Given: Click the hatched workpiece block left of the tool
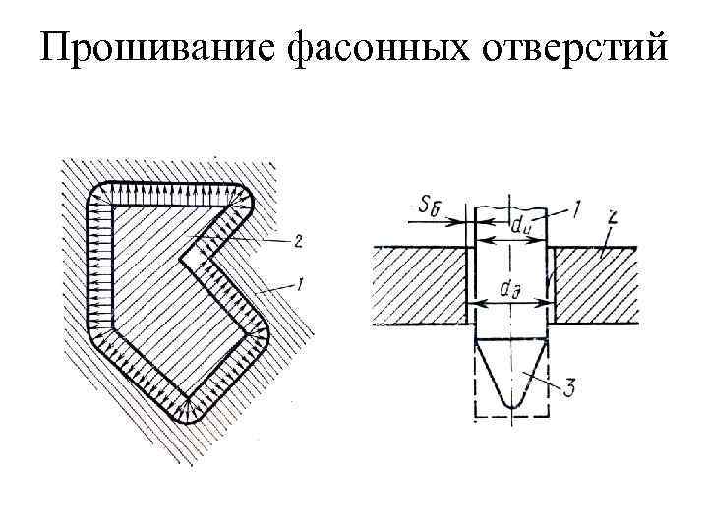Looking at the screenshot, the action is point(418,285).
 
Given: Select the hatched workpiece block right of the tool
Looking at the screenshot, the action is point(595,285).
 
